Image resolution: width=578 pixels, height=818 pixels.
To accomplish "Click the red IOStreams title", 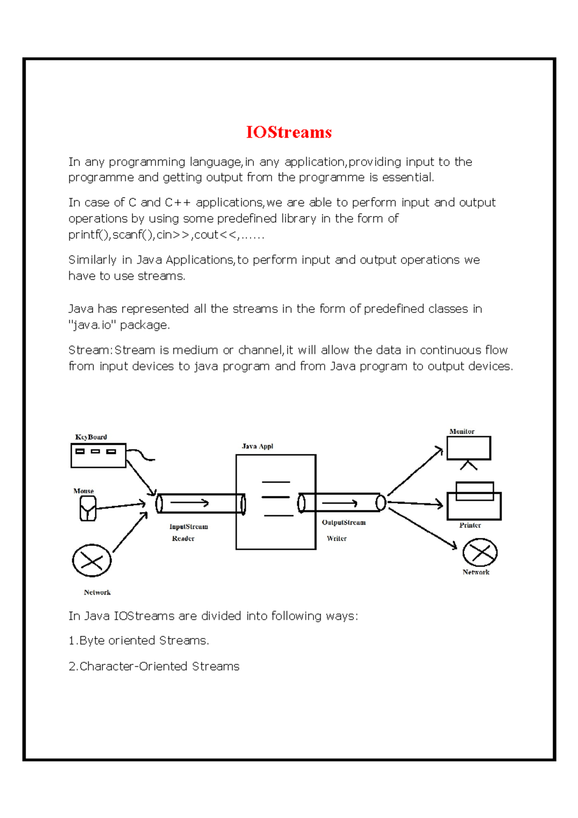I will [x=289, y=132].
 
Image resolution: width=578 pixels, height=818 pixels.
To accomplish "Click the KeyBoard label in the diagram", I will [x=91, y=437].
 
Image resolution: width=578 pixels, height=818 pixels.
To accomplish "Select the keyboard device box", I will [x=98, y=455].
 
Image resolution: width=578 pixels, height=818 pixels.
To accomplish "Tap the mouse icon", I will [x=88, y=508].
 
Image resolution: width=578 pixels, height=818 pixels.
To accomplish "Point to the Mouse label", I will [x=83, y=491].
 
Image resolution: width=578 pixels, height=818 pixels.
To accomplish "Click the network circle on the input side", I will [x=92, y=560].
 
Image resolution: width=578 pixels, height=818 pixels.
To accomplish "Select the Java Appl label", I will [x=257, y=446].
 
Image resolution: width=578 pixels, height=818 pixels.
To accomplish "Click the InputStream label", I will [x=188, y=527].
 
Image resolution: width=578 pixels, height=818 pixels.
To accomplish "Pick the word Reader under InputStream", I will [x=183, y=538].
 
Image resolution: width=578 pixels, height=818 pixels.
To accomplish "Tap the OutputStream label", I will [x=343, y=522].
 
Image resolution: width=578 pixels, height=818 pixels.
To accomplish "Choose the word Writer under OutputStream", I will [x=336, y=538].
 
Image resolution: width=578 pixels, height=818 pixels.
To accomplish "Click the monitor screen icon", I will [x=469, y=449].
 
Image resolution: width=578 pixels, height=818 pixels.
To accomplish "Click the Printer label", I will [x=470, y=525].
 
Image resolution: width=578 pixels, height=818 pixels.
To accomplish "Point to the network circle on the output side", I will [x=480, y=552].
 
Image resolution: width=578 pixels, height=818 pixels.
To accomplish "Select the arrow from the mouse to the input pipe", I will [x=120, y=505].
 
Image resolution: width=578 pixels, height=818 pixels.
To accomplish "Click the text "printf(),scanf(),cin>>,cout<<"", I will [x=154, y=235].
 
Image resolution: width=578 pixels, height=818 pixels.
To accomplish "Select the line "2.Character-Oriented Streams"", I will [x=154, y=666].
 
